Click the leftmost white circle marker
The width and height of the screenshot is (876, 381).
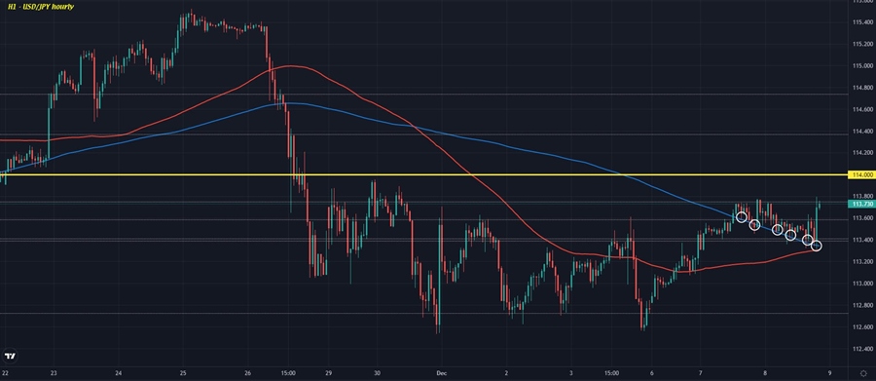pos(742,217)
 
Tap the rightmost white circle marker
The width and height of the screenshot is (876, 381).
pos(816,246)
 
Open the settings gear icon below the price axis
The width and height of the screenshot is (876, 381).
pos(863,373)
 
